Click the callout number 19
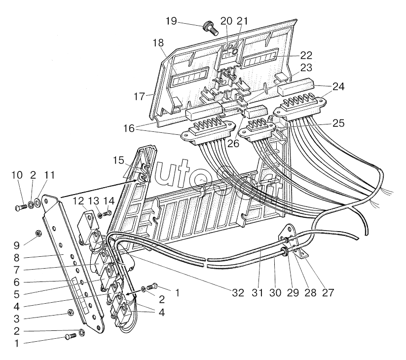point(170,21)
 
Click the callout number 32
point(238,292)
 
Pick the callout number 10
point(17,175)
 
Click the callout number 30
point(275,292)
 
